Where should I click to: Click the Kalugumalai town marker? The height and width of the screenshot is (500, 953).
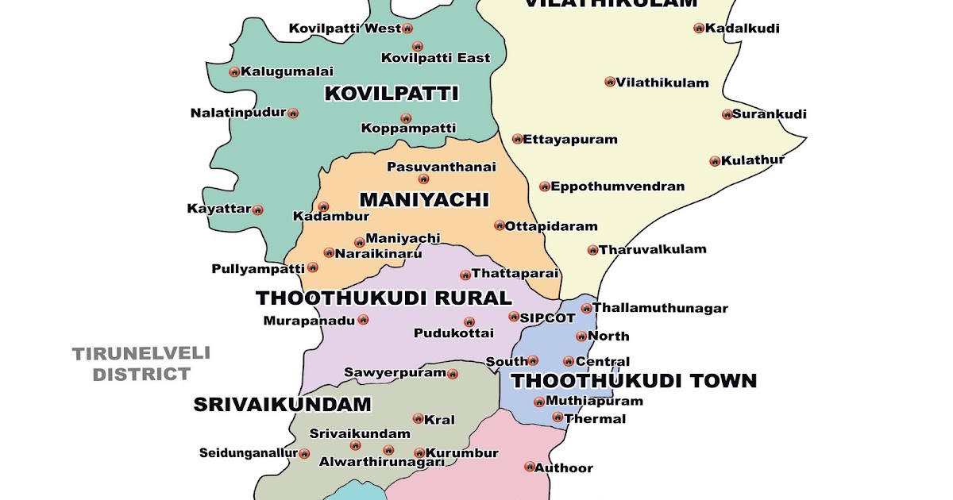click(234, 72)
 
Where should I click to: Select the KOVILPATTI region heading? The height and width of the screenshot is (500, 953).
click(392, 94)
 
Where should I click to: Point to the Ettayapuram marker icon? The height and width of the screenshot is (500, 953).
click(517, 139)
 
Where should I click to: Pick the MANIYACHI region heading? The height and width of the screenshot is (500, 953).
click(424, 199)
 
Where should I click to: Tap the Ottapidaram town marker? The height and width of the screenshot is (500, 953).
click(500, 226)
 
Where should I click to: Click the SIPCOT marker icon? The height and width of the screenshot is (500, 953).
click(513, 317)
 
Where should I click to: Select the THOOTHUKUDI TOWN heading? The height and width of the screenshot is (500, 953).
click(633, 381)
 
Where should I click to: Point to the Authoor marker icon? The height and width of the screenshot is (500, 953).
click(530, 467)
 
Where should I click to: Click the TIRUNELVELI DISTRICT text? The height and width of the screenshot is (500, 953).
click(141, 363)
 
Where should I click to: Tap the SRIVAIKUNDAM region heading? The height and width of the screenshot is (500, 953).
click(282, 405)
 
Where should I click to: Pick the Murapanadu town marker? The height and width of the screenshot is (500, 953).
click(363, 320)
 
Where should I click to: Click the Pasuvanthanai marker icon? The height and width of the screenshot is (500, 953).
click(423, 179)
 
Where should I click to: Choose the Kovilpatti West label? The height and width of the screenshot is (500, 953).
click(345, 29)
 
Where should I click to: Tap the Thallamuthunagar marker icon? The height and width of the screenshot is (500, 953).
click(586, 309)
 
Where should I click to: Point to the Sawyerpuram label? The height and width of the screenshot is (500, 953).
click(395, 372)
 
